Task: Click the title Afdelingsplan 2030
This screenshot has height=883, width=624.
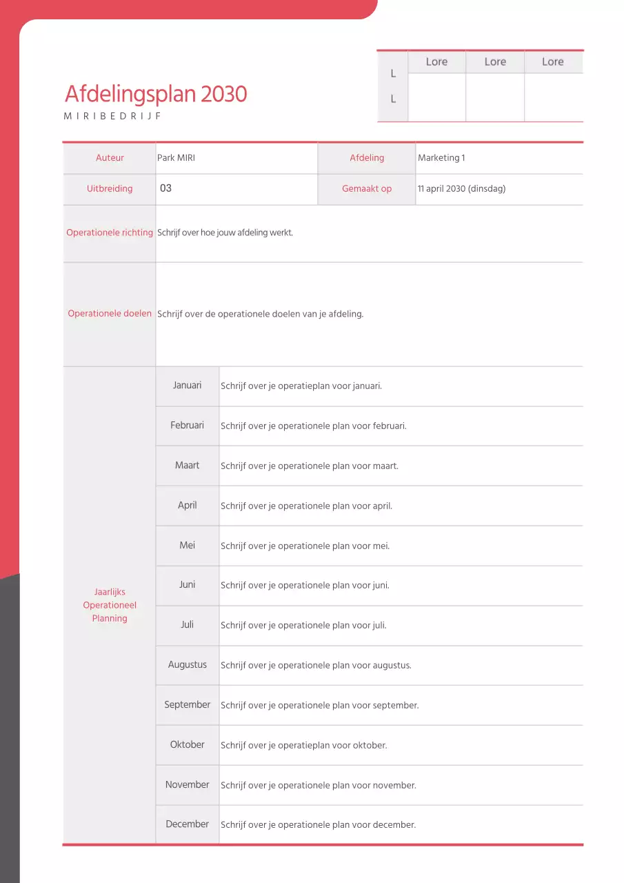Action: pos(156,94)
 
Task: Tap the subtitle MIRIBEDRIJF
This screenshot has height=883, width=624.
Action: pos(112,116)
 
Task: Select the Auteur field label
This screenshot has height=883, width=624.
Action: pos(110,158)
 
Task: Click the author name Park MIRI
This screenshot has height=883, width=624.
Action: pos(176,158)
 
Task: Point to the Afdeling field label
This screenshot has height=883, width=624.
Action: pos(367,158)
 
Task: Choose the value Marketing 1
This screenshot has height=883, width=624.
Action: pos(441,158)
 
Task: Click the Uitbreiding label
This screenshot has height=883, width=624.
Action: pos(110,188)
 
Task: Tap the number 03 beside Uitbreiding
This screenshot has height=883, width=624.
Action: pos(165,188)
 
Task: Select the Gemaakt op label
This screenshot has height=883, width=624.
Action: pos(367,188)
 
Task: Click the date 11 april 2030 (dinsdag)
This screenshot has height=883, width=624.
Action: pos(461,188)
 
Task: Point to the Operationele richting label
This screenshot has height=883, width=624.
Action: pos(110,232)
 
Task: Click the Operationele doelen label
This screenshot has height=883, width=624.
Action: pos(110,314)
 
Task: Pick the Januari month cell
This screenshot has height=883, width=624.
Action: pos(188,386)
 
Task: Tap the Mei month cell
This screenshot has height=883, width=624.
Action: pos(188,546)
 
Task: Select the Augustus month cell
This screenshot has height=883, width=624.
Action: pos(188,665)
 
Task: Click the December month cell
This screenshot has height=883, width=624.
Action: pos(188,824)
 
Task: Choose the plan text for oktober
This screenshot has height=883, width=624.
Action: pos(303,746)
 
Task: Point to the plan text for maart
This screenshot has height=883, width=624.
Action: pos(309,466)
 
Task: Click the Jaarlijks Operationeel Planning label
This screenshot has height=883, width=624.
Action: pos(110,605)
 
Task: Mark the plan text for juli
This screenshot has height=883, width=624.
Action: pos(303,626)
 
